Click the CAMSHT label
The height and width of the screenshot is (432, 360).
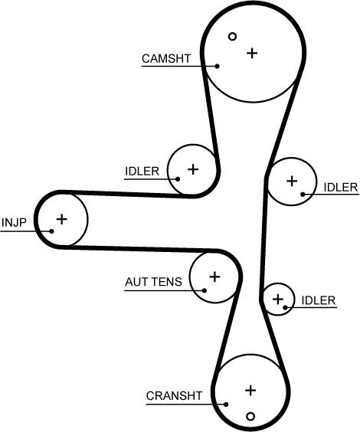(166, 58)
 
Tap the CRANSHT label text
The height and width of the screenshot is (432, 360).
(174, 396)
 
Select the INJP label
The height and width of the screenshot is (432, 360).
(14, 222)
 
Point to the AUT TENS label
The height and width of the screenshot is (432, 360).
(153, 282)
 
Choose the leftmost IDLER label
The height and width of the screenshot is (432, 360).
(142, 172)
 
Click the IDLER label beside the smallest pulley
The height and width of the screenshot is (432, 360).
(319, 300)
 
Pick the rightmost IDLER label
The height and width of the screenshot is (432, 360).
(341, 188)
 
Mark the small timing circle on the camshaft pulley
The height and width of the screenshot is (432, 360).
(233, 36)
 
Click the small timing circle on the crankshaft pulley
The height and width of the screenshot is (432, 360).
(250, 416)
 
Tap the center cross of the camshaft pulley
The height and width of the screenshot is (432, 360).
(252, 53)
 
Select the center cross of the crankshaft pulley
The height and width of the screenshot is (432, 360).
(250, 391)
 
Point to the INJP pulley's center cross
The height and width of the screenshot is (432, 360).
(62, 219)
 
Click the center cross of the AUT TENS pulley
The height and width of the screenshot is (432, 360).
(214, 277)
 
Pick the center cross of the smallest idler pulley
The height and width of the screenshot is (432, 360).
(278, 299)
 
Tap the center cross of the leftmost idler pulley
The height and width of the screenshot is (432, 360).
(193, 169)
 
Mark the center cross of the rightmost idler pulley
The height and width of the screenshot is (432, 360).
(292, 181)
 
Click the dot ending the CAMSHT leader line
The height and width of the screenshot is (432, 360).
(217, 66)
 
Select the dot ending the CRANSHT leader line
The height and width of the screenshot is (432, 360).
(226, 404)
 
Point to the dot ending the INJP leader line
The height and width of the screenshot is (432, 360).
(51, 231)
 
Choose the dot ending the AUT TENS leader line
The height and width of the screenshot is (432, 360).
(204, 290)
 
